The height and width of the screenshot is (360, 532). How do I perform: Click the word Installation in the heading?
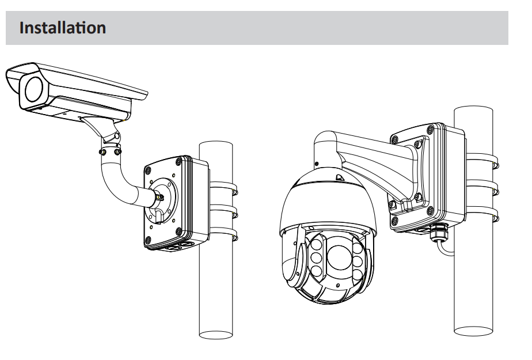click(62, 27)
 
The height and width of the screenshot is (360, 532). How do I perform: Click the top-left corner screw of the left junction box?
click(148, 170)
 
